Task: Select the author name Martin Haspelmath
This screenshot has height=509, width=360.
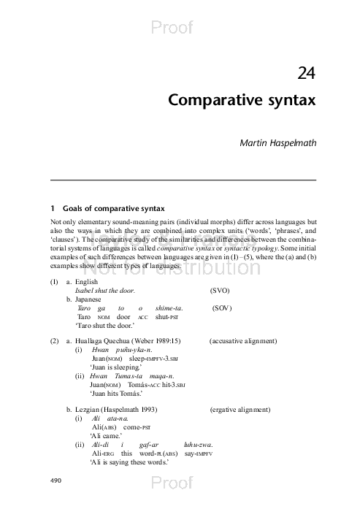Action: tap(278, 142)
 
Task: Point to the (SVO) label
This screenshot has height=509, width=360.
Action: tap(220, 290)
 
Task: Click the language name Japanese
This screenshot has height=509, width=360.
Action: tap(90, 299)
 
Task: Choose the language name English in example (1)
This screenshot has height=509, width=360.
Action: tap(88, 281)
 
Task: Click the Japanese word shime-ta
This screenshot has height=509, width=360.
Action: tap(169, 308)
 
